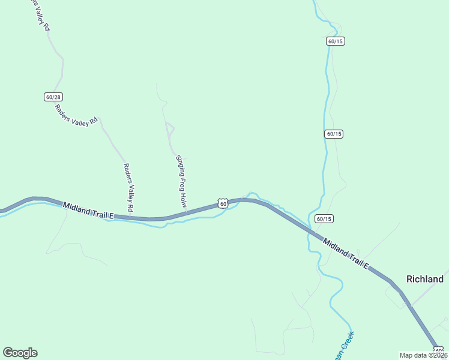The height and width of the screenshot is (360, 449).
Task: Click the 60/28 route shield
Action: click(x=53, y=97)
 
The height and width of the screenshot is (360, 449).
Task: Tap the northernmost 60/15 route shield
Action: click(x=336, y=41)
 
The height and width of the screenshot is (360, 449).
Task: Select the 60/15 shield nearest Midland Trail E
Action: click(x=324, y=219)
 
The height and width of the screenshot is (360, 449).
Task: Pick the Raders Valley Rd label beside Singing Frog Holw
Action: click(x=128, y=187)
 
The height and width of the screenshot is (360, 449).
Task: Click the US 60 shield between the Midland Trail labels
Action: click(x=223, y=204)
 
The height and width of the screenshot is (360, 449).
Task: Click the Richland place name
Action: click(x=425, y=279)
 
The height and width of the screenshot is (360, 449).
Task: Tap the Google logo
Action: click(x=20, y=353)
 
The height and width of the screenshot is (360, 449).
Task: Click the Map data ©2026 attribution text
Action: click(x=423, y=355)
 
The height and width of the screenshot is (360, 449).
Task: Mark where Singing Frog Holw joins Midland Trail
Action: click(x=186, y=213)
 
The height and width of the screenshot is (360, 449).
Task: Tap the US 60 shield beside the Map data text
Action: click(x=439, y=350)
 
